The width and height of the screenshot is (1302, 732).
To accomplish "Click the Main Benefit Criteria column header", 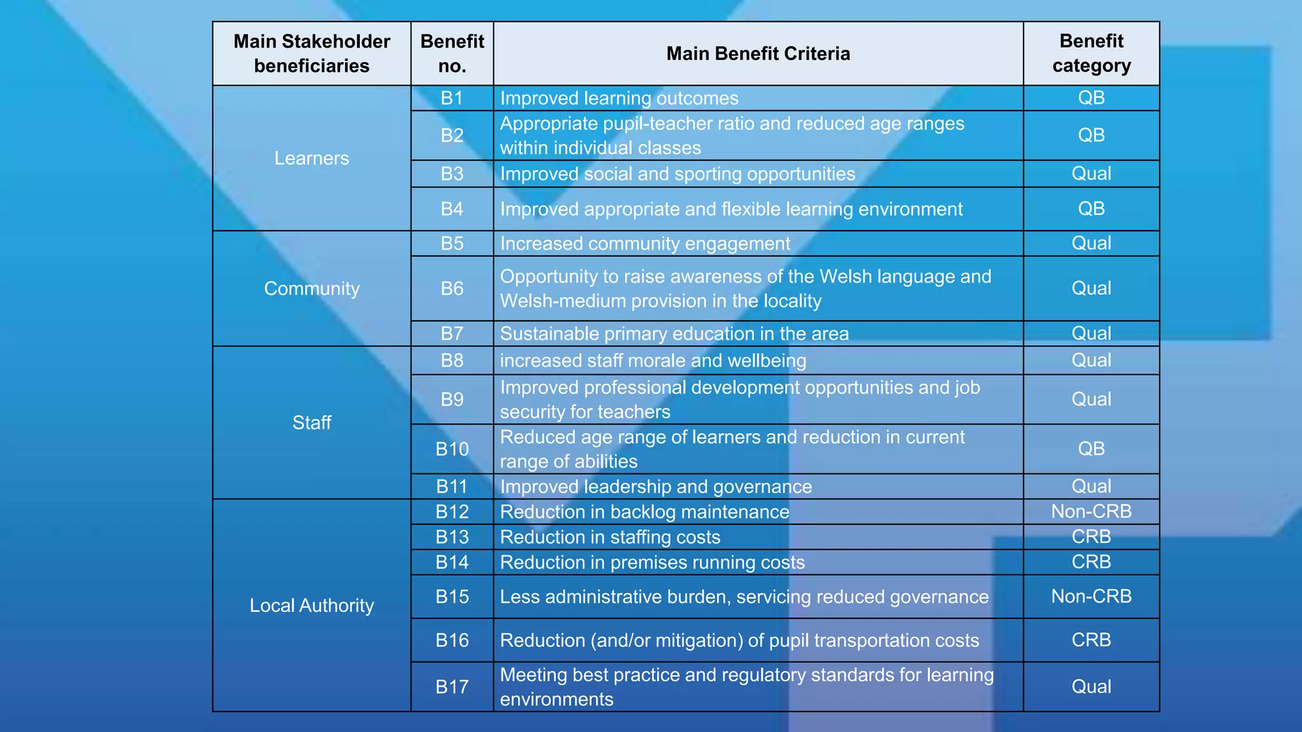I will point(758,53).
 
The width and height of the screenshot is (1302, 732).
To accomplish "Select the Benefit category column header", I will point(1091,53).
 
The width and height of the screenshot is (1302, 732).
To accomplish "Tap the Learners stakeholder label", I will point(312,158).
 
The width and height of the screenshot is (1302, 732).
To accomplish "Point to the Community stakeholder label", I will point(312,288).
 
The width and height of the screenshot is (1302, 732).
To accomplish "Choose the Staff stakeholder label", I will point(312,423).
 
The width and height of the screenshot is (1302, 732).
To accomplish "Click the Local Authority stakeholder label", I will point(312,606).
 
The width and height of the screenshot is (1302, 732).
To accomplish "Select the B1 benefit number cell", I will point(452,98).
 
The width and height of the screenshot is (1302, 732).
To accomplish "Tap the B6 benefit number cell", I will point(452,288).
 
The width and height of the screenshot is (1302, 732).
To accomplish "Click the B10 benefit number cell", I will point(452,449).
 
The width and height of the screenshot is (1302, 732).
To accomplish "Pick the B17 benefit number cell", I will point(452,687).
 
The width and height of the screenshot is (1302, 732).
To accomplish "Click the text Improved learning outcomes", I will point(619,98).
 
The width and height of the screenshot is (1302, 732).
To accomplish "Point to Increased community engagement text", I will point(645,244).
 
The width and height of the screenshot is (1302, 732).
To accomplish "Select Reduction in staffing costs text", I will point(610,538).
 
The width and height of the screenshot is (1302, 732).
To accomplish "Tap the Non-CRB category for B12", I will point(1091,512).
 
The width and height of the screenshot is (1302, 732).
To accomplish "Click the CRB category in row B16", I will point(1091,640).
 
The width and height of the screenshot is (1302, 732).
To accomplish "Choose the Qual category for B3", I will point(1091,173).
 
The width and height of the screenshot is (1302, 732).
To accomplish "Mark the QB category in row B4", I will point(1091,208).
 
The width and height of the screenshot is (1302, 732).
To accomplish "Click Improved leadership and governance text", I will point(655,487).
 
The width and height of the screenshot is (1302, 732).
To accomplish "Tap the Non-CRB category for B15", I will point(1091,597).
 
